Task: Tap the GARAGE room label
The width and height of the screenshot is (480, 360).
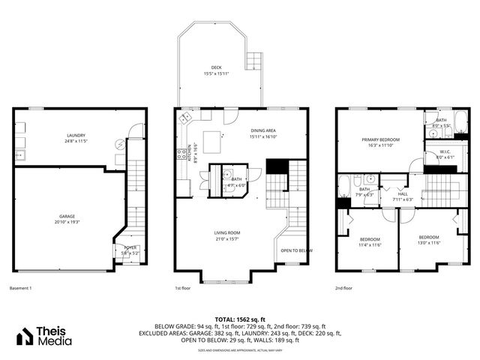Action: tap(65, 216)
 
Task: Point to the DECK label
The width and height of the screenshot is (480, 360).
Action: tap(216, 67)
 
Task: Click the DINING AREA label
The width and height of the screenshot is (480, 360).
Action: tap(264, 131)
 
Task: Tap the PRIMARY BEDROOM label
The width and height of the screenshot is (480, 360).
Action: tap(381, 139)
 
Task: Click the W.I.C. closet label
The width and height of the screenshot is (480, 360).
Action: tap(444, 151)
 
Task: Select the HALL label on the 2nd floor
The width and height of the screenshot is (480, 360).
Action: tap(403, 193)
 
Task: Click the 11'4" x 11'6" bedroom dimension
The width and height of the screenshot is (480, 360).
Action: tap(370, 244)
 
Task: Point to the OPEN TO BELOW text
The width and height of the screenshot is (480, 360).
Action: tap(296, 250)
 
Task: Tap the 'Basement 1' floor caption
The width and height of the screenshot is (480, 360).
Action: tap(20, 288)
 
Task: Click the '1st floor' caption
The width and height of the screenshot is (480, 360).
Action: tap(182, 288)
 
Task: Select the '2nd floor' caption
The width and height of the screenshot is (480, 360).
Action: tap(344, 288)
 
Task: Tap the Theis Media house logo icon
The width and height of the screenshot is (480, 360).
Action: tap(25, 337)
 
